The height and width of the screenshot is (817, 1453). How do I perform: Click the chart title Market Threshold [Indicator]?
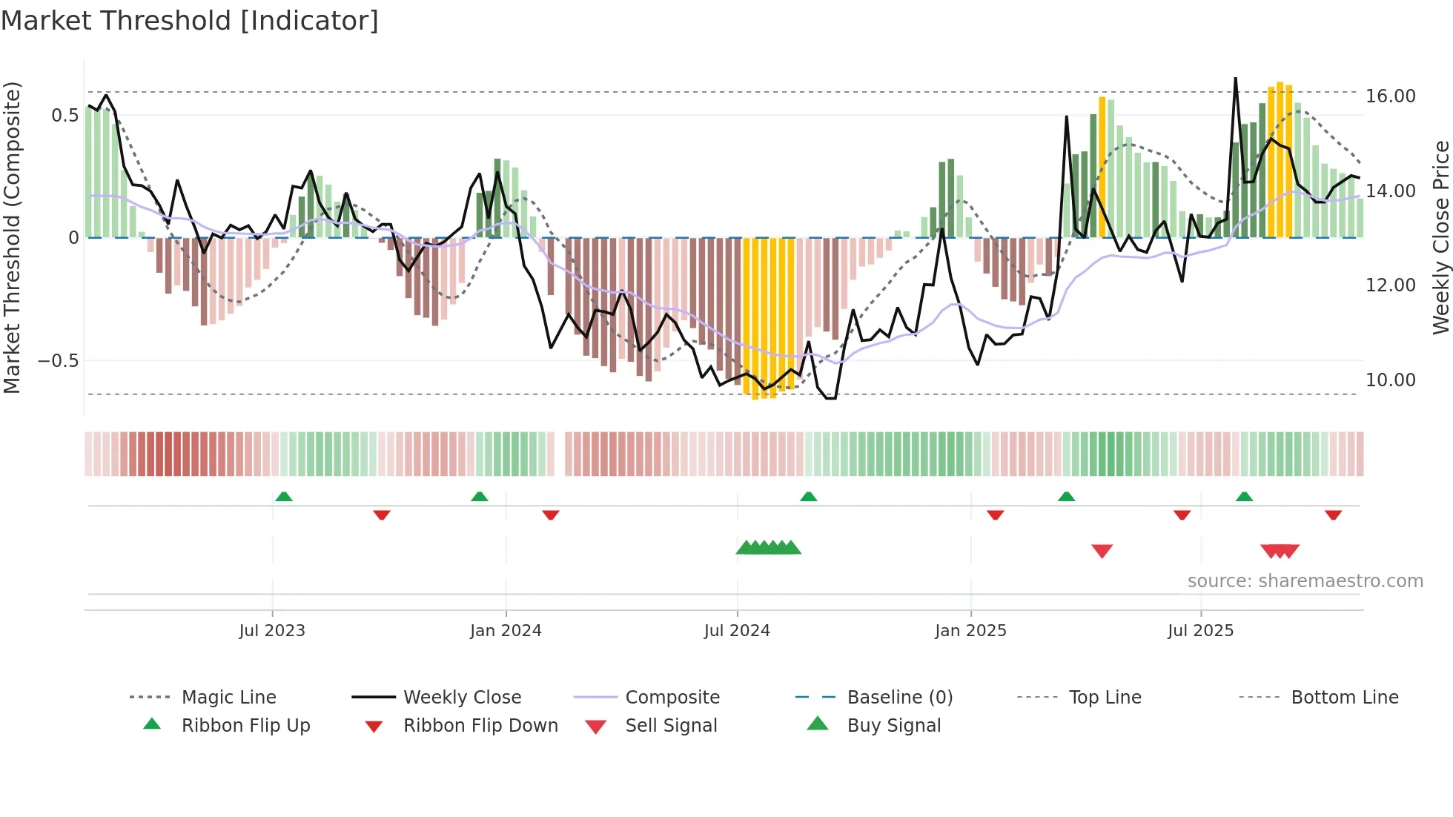tap(190, 21)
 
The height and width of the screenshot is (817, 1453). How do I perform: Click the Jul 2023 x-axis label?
tap(272, 631)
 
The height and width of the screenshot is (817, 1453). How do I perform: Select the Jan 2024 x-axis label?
tap(506, 631)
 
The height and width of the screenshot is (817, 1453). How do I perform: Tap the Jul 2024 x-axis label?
tap(737, 631)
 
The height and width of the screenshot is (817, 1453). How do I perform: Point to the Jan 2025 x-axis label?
tap(970, 631)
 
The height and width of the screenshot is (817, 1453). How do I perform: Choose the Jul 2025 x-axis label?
tap(1200, 631)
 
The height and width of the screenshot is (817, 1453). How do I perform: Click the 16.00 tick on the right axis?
tap(1390, 96)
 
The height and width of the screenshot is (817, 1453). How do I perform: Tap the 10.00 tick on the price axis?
tap(1390, 380)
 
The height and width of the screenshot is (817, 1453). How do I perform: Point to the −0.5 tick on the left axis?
tap(58, 361)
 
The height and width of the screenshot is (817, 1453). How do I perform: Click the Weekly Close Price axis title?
tap(1440, 237)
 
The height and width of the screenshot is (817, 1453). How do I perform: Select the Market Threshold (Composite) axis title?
tap(12, 237)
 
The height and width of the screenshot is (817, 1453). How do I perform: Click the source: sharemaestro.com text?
tap(1305, 581)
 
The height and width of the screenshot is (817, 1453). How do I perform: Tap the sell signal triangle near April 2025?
tap(1102, 551)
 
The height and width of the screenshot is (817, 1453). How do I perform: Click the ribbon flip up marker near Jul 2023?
tap(284, 497)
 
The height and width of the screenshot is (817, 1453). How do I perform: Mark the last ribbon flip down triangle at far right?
tap(1333, 515)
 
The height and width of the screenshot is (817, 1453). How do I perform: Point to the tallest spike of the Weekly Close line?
tap(1235, 79)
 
